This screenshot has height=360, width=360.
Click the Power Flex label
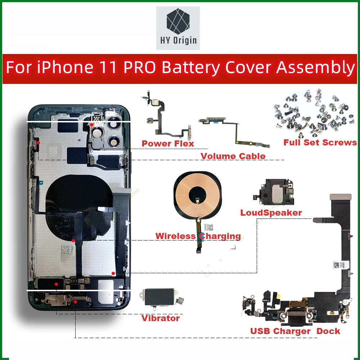[168, 144]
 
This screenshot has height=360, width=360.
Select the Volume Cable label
[233, 156]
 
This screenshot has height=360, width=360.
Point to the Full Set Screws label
[320, 143]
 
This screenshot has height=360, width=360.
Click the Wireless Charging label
[198, 237]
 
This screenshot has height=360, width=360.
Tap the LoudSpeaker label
[271, 213]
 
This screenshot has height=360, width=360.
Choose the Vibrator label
[160, 318]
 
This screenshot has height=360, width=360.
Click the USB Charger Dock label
[295, 331]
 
